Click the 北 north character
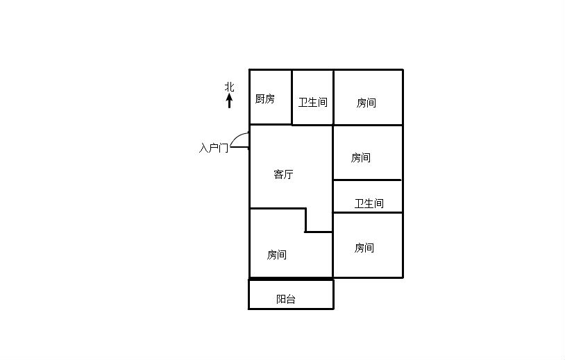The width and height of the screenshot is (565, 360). (230, 87)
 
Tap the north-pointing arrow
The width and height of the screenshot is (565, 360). (229, 101)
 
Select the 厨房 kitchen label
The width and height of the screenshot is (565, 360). (265, 98)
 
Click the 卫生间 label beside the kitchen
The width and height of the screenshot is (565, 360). (313, 103)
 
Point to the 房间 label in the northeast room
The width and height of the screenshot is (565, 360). (366, 103)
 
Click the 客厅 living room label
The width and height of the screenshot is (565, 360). (283, 175)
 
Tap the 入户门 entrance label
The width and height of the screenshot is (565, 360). (214, 148)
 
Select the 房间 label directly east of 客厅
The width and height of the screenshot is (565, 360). (361, 157)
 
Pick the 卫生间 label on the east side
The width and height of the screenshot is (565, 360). (369, 204)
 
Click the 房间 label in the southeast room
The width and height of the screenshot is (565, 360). (364, 248)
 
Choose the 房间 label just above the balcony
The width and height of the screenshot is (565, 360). (277, 255)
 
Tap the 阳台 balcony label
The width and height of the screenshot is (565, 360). (286, 299)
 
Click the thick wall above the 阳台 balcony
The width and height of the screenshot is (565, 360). (291, 279)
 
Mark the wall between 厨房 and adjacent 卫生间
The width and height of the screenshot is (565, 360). (292, 97)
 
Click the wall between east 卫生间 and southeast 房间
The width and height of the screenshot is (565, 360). (368, 213)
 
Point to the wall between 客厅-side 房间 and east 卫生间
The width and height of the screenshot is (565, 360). (367, 180)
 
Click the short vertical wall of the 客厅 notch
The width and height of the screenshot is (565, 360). (305, 220)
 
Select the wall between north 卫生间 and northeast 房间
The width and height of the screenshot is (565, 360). (334, 97)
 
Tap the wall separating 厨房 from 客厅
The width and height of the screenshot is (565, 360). (271, 125)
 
